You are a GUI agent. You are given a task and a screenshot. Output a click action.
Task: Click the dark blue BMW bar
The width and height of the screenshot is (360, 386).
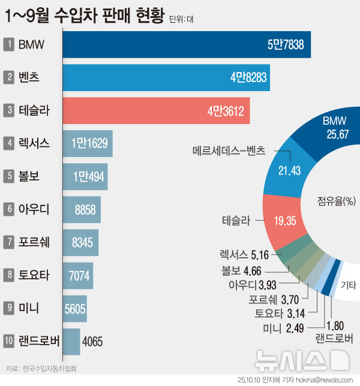click(x=187, y=44)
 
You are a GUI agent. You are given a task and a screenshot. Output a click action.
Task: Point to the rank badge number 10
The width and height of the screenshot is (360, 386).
click(x=10, y=342)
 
